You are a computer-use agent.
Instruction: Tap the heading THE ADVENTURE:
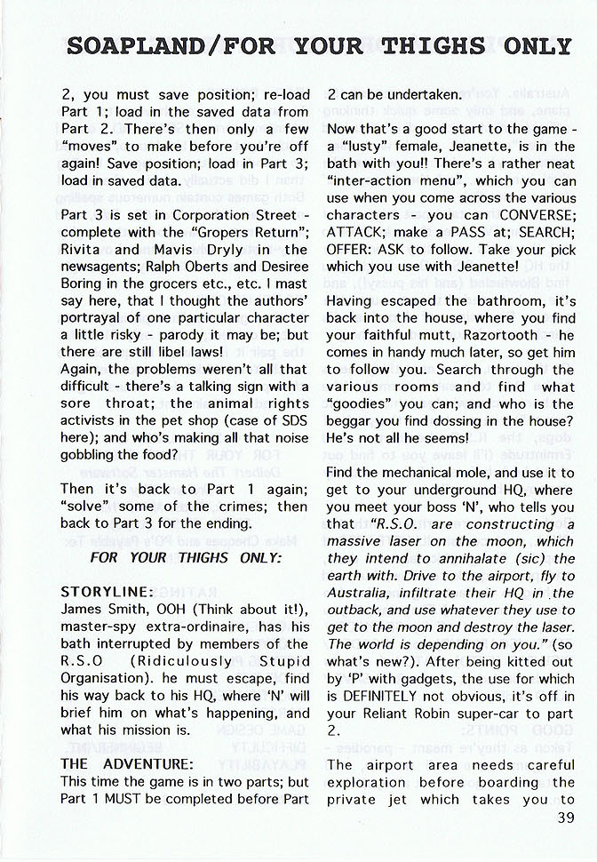(126, 764)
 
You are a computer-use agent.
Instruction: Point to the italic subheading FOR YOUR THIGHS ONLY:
(186, 557)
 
